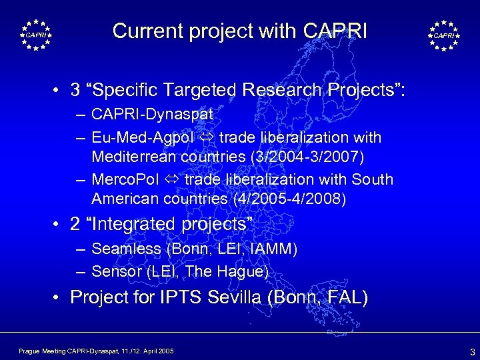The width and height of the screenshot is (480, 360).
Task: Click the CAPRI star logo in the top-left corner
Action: [x=35, y=35]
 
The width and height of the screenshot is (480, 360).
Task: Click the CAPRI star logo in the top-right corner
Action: [x=443, y=35]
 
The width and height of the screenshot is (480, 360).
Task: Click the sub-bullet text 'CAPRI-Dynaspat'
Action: [x=152, y=115]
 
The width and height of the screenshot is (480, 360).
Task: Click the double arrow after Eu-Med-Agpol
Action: [x=207, y=139]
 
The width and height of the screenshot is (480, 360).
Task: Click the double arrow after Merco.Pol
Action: [x=173, y=181]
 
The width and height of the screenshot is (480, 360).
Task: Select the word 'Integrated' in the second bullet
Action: [x=144, y=225]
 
